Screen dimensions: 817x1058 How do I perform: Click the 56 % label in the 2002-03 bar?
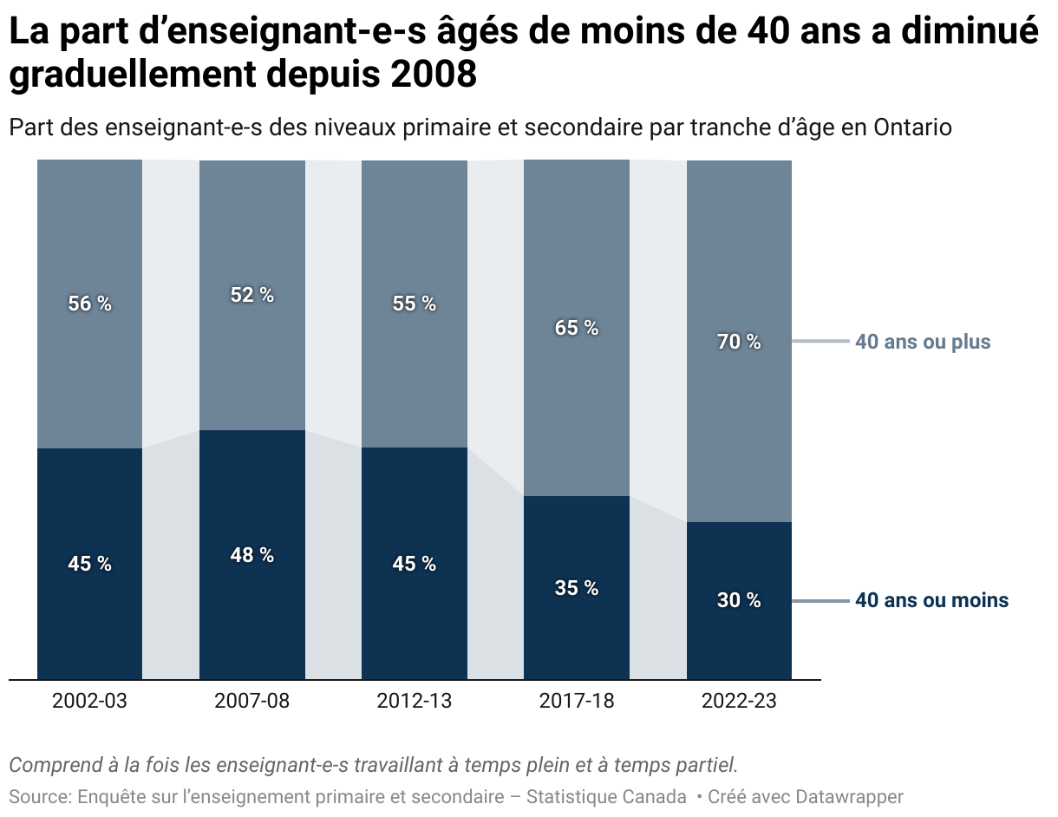[89, 304]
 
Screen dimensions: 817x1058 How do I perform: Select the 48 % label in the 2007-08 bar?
[251, 555]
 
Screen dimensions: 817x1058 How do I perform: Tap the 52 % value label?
[251, 295]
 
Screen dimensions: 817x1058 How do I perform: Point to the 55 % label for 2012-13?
[414, 304]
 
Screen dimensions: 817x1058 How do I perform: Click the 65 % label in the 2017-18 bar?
[577, 328]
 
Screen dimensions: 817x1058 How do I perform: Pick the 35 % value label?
[577, 588]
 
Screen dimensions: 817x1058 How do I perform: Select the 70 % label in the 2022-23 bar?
[739, 342]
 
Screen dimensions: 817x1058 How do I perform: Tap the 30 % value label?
[739, 600]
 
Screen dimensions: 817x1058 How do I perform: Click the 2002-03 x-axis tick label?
[89, 701]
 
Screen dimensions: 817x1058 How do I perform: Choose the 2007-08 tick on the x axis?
[251, 701]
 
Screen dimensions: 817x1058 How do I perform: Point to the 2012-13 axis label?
[414, 701]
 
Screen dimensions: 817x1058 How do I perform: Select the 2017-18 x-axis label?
[577, 701]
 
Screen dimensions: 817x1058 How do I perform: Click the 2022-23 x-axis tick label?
[739, 701]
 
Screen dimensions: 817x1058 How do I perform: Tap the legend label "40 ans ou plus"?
[923, 342]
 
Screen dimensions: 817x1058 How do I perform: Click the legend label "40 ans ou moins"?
[931, 600]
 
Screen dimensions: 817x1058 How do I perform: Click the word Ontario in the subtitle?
[912, 127]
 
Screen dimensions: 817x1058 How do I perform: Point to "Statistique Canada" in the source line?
[606, 796]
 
